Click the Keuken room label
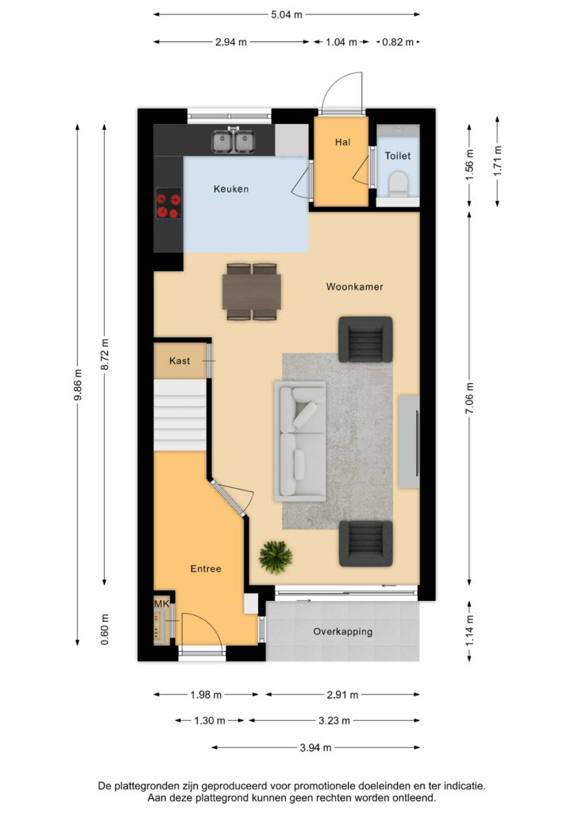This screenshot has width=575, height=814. point(231,189)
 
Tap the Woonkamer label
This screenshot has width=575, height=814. point(354,287)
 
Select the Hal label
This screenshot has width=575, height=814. point(342,142)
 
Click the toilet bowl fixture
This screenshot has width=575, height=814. point(397,184)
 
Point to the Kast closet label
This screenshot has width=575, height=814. point(179,361)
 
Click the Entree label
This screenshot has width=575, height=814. point(206,569)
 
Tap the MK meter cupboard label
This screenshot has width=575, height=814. point(161,605)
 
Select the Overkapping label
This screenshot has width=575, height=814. point(343,632)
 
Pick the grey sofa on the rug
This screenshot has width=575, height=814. point(300,440)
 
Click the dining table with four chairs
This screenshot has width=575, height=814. point(253,292)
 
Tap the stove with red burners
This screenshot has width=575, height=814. point(168,206)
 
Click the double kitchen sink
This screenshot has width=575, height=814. point(233,141)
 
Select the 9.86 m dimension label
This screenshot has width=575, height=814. point(77,386)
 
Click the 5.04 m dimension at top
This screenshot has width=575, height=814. point(287,14)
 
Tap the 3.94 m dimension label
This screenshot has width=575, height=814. point(315,748)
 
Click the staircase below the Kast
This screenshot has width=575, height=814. point(180,414)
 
